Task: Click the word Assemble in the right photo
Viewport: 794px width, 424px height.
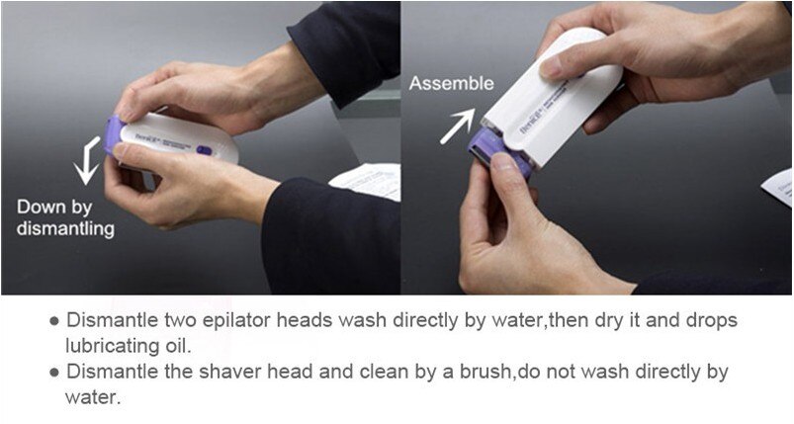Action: pos(452,84)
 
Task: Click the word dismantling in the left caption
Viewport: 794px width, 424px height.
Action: pos(65,229)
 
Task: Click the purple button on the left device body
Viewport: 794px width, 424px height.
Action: pos(204,150)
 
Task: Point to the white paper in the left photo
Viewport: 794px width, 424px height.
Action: pos(366,180)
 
